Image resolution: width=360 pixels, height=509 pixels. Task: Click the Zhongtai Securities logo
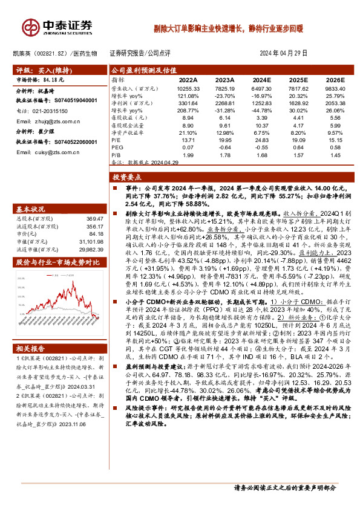58,27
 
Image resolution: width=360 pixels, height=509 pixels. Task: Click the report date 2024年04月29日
283,53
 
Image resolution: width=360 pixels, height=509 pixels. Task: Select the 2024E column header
261,79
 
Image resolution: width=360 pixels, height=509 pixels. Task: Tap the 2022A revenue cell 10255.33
188,88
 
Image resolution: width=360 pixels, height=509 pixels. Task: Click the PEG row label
117,147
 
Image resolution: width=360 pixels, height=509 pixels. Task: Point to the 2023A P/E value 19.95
225,140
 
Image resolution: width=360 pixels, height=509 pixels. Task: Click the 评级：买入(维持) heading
43,70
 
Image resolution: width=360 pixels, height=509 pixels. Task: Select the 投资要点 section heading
126,177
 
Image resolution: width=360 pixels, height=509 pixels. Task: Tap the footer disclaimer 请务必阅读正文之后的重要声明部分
285,488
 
